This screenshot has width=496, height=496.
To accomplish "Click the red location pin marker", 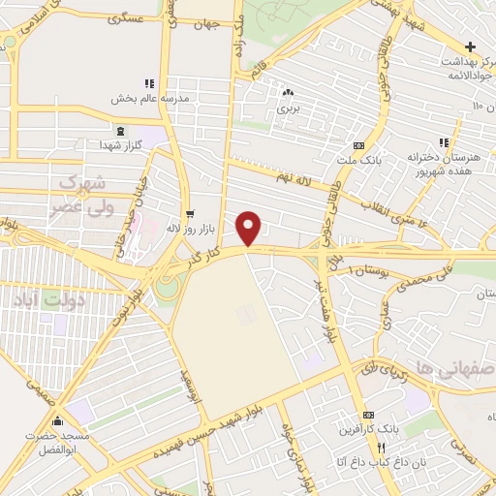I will coord(249,227).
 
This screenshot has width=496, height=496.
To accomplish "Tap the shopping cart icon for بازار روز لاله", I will coord(189,213).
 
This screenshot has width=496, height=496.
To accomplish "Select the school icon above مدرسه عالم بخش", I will coord(147,83).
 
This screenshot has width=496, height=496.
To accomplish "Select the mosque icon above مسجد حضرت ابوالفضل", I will coord(58,420).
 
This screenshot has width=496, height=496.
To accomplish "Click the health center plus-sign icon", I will coord(470,46).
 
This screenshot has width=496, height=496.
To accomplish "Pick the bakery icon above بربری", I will coord(287,94).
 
